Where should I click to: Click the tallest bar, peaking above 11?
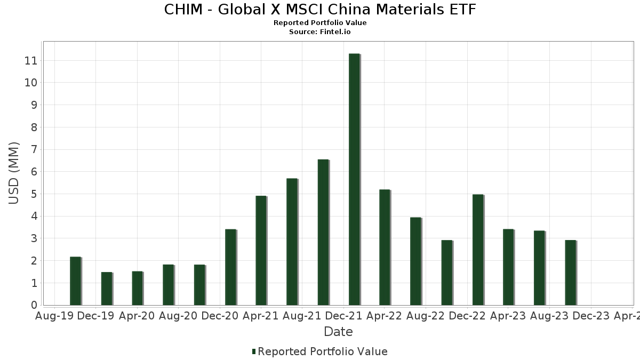point(354,179)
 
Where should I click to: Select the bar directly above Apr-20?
point(137,288)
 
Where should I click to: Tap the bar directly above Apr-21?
point(261,251)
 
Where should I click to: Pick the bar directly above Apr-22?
point(385,247)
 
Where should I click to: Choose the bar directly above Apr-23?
point(508,267)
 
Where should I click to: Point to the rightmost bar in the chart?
point(570,273)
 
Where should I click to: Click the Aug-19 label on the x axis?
point(54,316)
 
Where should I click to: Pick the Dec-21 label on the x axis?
point(343,316)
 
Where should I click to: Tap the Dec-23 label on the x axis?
point(590,316)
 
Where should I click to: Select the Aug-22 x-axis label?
point(426,316)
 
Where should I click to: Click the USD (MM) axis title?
point(14,173)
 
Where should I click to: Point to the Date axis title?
point(338,332)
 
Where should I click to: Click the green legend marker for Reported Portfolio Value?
point(254,351)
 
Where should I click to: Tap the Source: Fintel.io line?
point(320,32)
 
